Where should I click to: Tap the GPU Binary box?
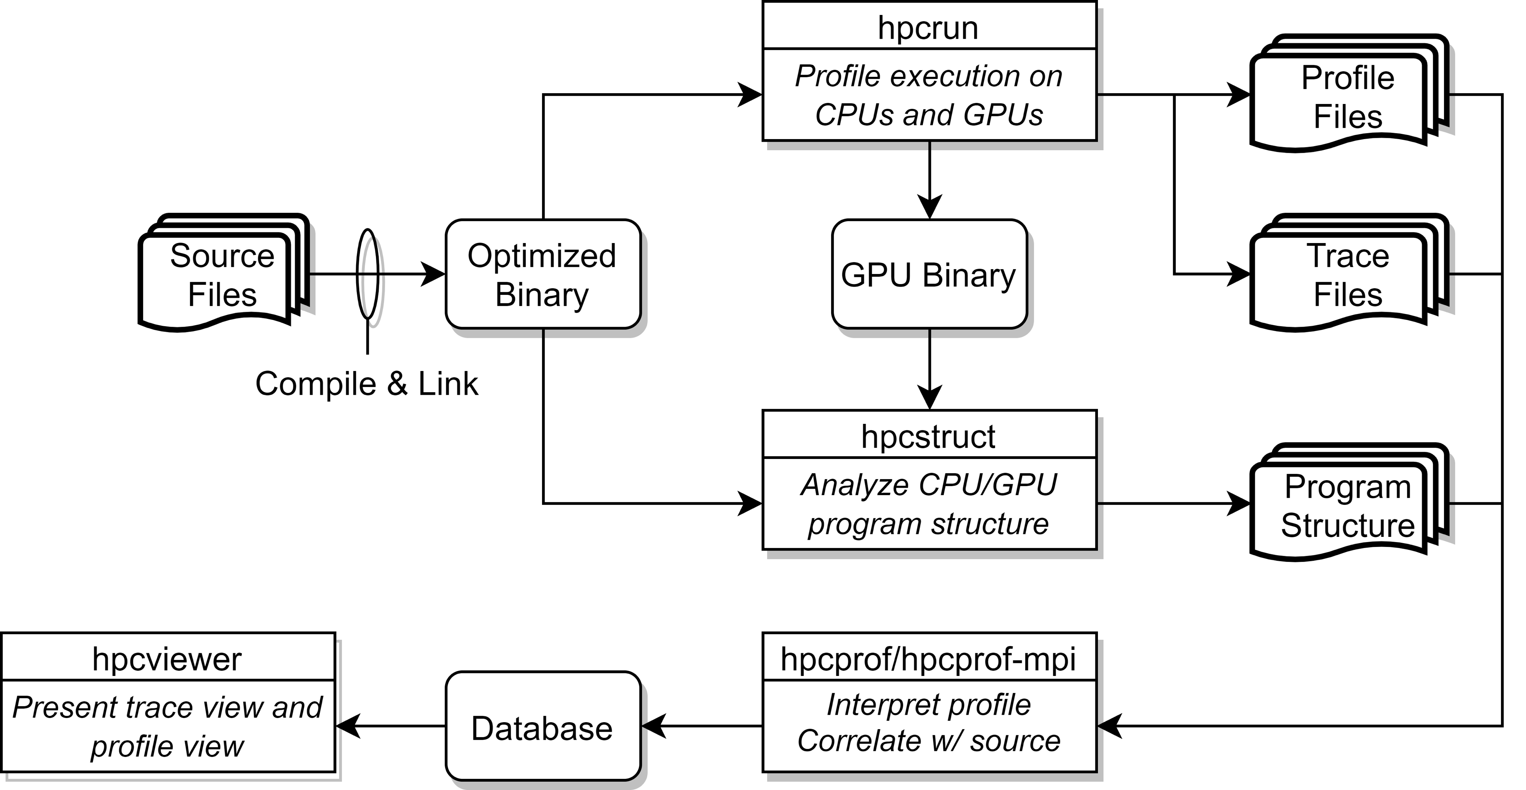[929, 274]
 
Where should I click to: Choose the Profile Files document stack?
[1349, 93]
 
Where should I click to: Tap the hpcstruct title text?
[928, 437]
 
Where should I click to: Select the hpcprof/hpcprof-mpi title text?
[928, 659]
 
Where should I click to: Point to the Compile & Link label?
[367, 384]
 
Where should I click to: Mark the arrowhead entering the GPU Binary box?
[930, 207]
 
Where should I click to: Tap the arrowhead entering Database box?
[654, 726]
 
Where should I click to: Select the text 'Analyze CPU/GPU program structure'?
[928, 504]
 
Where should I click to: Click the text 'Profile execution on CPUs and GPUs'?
[928, 95]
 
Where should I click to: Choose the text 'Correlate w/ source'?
[928, 741]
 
